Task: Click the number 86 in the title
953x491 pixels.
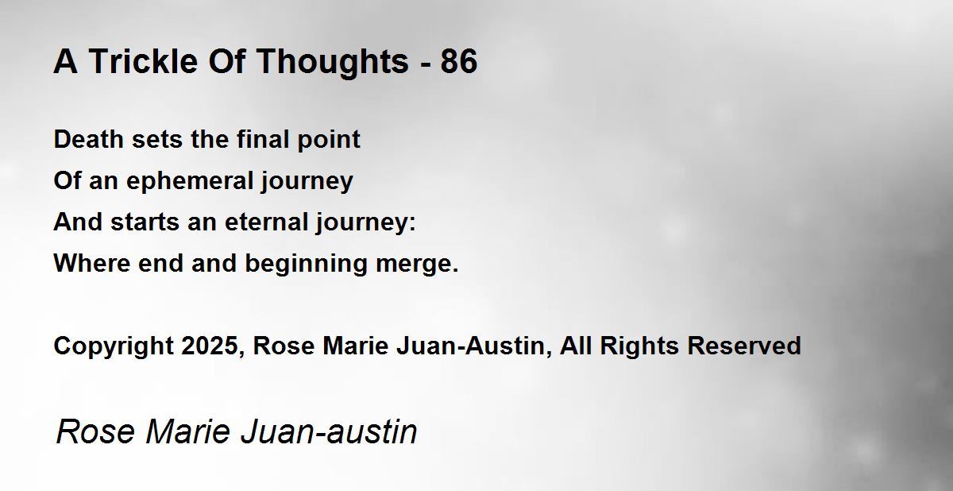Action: [459, 61]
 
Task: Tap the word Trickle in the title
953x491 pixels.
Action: [144, 61]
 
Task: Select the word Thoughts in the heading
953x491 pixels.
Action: [333, 63]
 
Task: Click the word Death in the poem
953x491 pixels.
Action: [88, 139]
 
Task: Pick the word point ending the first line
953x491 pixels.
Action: [329, 140]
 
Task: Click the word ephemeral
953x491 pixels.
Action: [189, 181]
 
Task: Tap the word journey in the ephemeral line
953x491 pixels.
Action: [307, 182]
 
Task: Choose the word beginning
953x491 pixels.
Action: [307, 265]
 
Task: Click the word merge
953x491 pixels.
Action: [414, 265]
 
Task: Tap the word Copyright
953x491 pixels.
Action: [114, 346]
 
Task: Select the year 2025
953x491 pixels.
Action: [209, 346]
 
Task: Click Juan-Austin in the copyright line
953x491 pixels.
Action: [470, 346]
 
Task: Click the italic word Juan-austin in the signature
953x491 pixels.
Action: [330, 432]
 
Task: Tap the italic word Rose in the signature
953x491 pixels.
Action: [95, 432]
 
